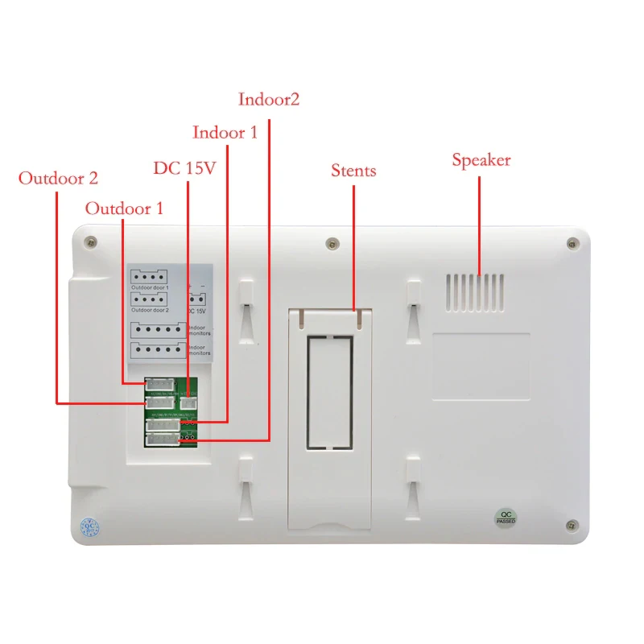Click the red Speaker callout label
481,160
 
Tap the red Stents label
353,171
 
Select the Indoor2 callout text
269,100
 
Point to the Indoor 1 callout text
225,132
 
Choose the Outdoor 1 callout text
124,208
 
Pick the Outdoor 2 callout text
58,178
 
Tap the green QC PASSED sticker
506,518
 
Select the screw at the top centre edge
332,243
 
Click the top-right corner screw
572,243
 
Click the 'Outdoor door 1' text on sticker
150,287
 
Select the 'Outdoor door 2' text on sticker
150,309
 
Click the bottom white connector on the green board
162,439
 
